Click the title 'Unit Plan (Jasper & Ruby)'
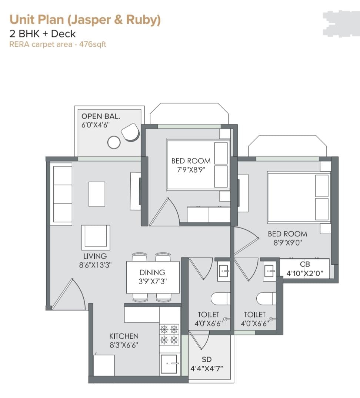tap(85, 20)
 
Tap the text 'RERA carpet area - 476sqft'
tap(57, 44)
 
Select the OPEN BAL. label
tap(101, 116)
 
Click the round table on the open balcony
tap(114, 142)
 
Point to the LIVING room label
tap(95, 256)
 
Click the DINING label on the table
tap(152, 272)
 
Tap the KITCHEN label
tap(124, 336)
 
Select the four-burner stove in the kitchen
tap(169, 335)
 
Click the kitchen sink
tap(169, 364)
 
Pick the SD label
tap(207, 359)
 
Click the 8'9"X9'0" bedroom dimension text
tap(287, 243)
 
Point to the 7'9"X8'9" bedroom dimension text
tap(191, 170)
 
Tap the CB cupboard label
tap(305, 264)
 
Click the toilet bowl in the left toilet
tap(220, 299)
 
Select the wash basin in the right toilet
tap(269, 272)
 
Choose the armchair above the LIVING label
tap(96, 238)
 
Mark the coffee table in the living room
tap(97, 194)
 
